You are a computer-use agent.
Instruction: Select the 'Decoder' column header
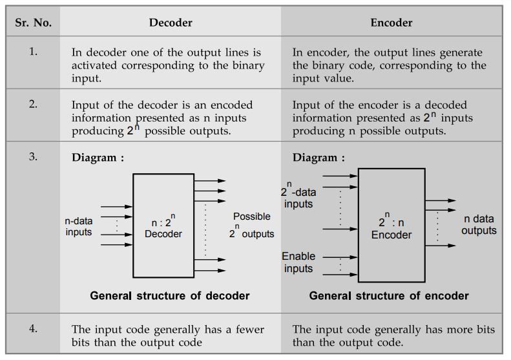pos(171,23)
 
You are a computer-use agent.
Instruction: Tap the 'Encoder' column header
pos(391,23)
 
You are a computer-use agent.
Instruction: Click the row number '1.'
pos(33,52)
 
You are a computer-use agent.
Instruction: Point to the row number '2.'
pos(33,104)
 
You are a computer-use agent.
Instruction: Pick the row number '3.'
pos(33,156)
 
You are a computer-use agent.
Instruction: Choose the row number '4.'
pos(33,328)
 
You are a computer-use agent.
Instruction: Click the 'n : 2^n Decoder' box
pos(163,226)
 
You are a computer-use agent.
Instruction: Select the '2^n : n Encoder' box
pos(391,225)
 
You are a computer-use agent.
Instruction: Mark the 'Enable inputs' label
pos(298,262)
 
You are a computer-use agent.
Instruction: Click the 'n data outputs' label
pos(479,225)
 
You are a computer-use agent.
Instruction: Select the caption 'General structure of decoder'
pos(170,296)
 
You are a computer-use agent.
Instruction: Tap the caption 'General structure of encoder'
pos(389,296)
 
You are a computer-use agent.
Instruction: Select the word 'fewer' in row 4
pos(249,330)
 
